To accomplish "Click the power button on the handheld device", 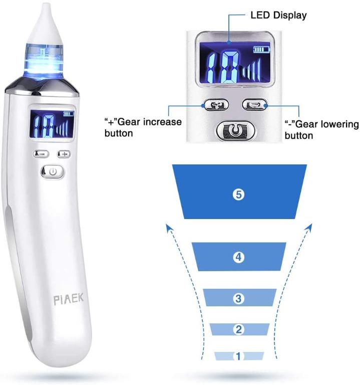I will (54, 171).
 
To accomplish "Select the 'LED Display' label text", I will (278, 16).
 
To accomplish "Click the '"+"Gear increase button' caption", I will (143, 128).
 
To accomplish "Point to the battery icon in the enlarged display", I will (261, 50).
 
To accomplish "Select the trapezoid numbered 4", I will (239, 257).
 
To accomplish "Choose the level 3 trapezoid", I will (239, 299).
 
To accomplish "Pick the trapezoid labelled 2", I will (239, 329).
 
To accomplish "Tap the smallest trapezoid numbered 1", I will (239, 356).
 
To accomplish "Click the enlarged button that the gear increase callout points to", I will (216, 105).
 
